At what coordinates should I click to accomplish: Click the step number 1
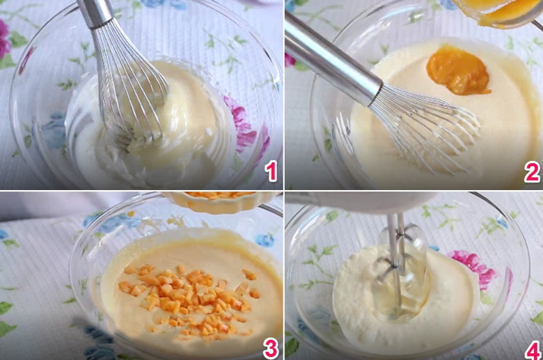point(271,172)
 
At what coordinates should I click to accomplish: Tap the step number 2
point(532,172)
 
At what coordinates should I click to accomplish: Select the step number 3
point(271,348)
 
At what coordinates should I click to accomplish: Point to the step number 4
point(533,350)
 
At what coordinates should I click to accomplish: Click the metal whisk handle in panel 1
point(95,13)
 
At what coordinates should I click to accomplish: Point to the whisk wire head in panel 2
point(426,128)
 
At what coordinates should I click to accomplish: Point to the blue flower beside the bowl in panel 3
point(265,240)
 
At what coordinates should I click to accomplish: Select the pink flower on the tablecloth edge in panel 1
point(4,39)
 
